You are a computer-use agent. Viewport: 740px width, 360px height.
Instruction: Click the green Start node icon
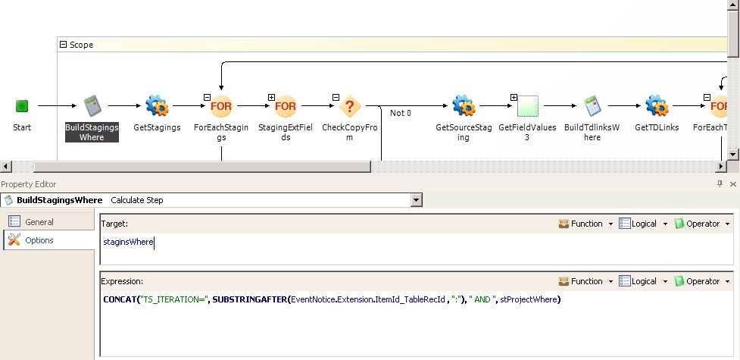pyautogui.click(x=22, y=106)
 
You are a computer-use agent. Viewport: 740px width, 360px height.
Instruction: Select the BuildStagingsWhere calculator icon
pyautogui.click(x=92, y=106)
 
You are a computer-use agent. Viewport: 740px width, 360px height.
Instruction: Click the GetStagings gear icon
pyautogui.click(x=157, y=105)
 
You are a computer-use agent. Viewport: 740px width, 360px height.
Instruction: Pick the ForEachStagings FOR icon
pyautogui.click(x=221, y=106)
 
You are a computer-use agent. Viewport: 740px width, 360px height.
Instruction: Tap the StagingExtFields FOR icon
pyautogui.click(x=286, y=106)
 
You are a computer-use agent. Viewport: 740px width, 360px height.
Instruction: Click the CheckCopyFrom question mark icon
pyautogui.click(x=350, y=106)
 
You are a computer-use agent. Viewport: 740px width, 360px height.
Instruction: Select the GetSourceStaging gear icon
pyautogui.click(x=464, y=105)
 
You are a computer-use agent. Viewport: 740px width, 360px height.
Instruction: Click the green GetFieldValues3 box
pyautogui.click(x=528, y=106)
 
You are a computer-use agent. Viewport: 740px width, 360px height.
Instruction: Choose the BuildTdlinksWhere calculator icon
pyautogui.click(x=592, y=106)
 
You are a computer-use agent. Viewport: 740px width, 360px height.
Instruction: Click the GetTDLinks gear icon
pyautogui.click(x=657, y=105)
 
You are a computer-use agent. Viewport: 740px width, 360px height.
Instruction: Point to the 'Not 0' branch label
pyautogui.click(x=401, y=113)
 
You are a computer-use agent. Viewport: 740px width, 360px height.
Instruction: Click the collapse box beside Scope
pyautogui.click(x=63, y=45)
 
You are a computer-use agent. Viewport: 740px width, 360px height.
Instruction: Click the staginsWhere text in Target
pyautogui.click(x=128, y=242)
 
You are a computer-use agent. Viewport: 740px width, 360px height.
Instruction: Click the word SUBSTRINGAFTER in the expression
pyautogui.click(x=250, y=299)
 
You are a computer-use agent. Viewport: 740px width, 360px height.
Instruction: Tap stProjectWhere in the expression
pyautogui.click(x=529, y=299)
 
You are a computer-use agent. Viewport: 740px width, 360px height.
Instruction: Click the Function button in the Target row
pyautogui.click(x=586, y=224)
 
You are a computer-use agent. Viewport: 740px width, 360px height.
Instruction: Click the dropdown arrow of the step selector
pyautogui.click(x=416, y=200)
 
